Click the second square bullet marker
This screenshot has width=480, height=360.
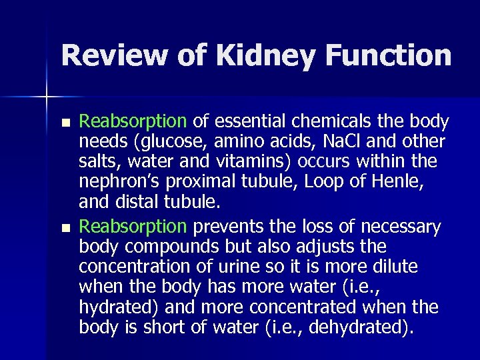pos(64,227)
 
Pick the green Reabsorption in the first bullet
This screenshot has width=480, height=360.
pos(133,122)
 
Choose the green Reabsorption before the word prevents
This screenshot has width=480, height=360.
pos(133,228)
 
